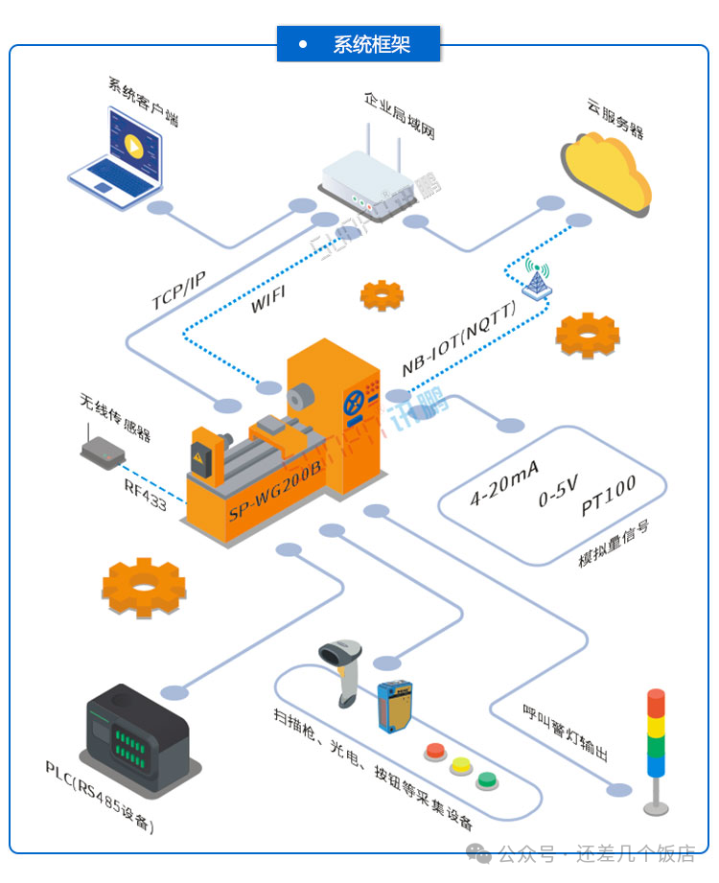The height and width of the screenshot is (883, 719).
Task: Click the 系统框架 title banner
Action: coord(359,44)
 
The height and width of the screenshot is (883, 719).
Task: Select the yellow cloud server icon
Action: coord(606,174)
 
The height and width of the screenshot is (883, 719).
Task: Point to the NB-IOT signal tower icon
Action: coord(534,279)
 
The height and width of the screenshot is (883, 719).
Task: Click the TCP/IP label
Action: coord(179,290)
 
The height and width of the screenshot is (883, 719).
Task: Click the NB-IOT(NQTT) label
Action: coord(459,338)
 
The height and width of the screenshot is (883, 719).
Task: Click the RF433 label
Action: coord(145,494)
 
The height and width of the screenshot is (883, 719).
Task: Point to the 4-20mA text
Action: coord(503,482)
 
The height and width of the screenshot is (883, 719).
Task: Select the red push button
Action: coord(436,751)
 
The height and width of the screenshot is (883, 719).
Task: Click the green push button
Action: coord(488,779)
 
